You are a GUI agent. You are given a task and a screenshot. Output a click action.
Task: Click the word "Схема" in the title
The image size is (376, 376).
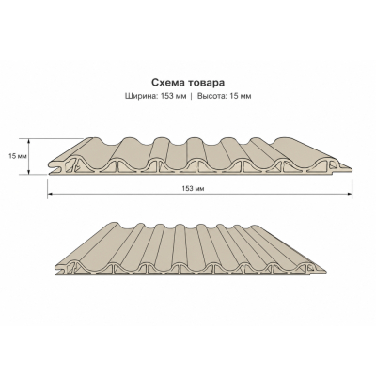click(167, 83)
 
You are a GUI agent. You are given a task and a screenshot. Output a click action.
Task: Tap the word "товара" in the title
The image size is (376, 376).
click(206, 83)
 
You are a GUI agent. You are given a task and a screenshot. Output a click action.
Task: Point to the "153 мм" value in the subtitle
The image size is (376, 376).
click(173, 96)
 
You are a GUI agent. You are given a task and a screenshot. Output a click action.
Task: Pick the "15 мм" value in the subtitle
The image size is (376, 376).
click(241, 96)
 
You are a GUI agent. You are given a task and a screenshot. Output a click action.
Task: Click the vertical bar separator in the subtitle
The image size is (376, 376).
click(192, 96)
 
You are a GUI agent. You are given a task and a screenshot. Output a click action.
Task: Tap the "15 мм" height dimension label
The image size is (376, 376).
click(17, 156)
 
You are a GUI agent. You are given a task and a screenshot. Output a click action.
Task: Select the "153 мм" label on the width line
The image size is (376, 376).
click(193, 189)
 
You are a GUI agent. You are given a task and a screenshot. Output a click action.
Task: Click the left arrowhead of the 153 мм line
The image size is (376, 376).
click(50, 194)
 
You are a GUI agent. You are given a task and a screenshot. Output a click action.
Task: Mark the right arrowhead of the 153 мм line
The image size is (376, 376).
click(350, 194)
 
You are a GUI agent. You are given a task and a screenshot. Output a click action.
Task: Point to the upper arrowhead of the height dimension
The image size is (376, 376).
click(29, 141)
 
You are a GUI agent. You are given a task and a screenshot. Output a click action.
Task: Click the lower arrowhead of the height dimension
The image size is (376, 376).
click(29, 171)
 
